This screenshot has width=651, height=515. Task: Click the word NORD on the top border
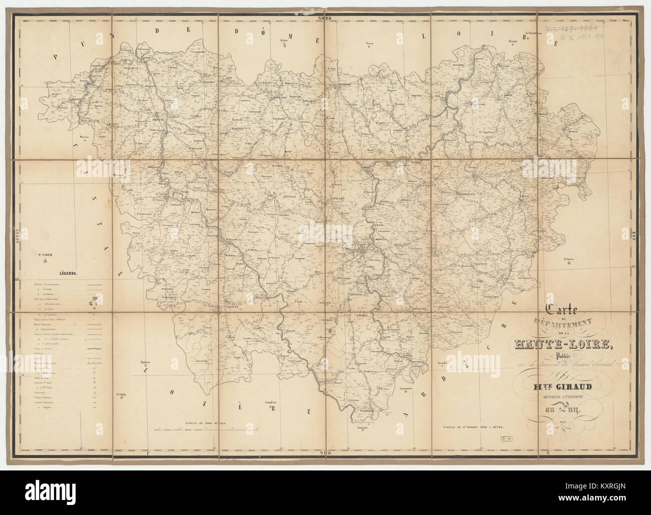click(325, 18)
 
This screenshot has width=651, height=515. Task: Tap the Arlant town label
click(284, 40)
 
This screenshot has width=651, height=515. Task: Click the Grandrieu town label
click(272, 402)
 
